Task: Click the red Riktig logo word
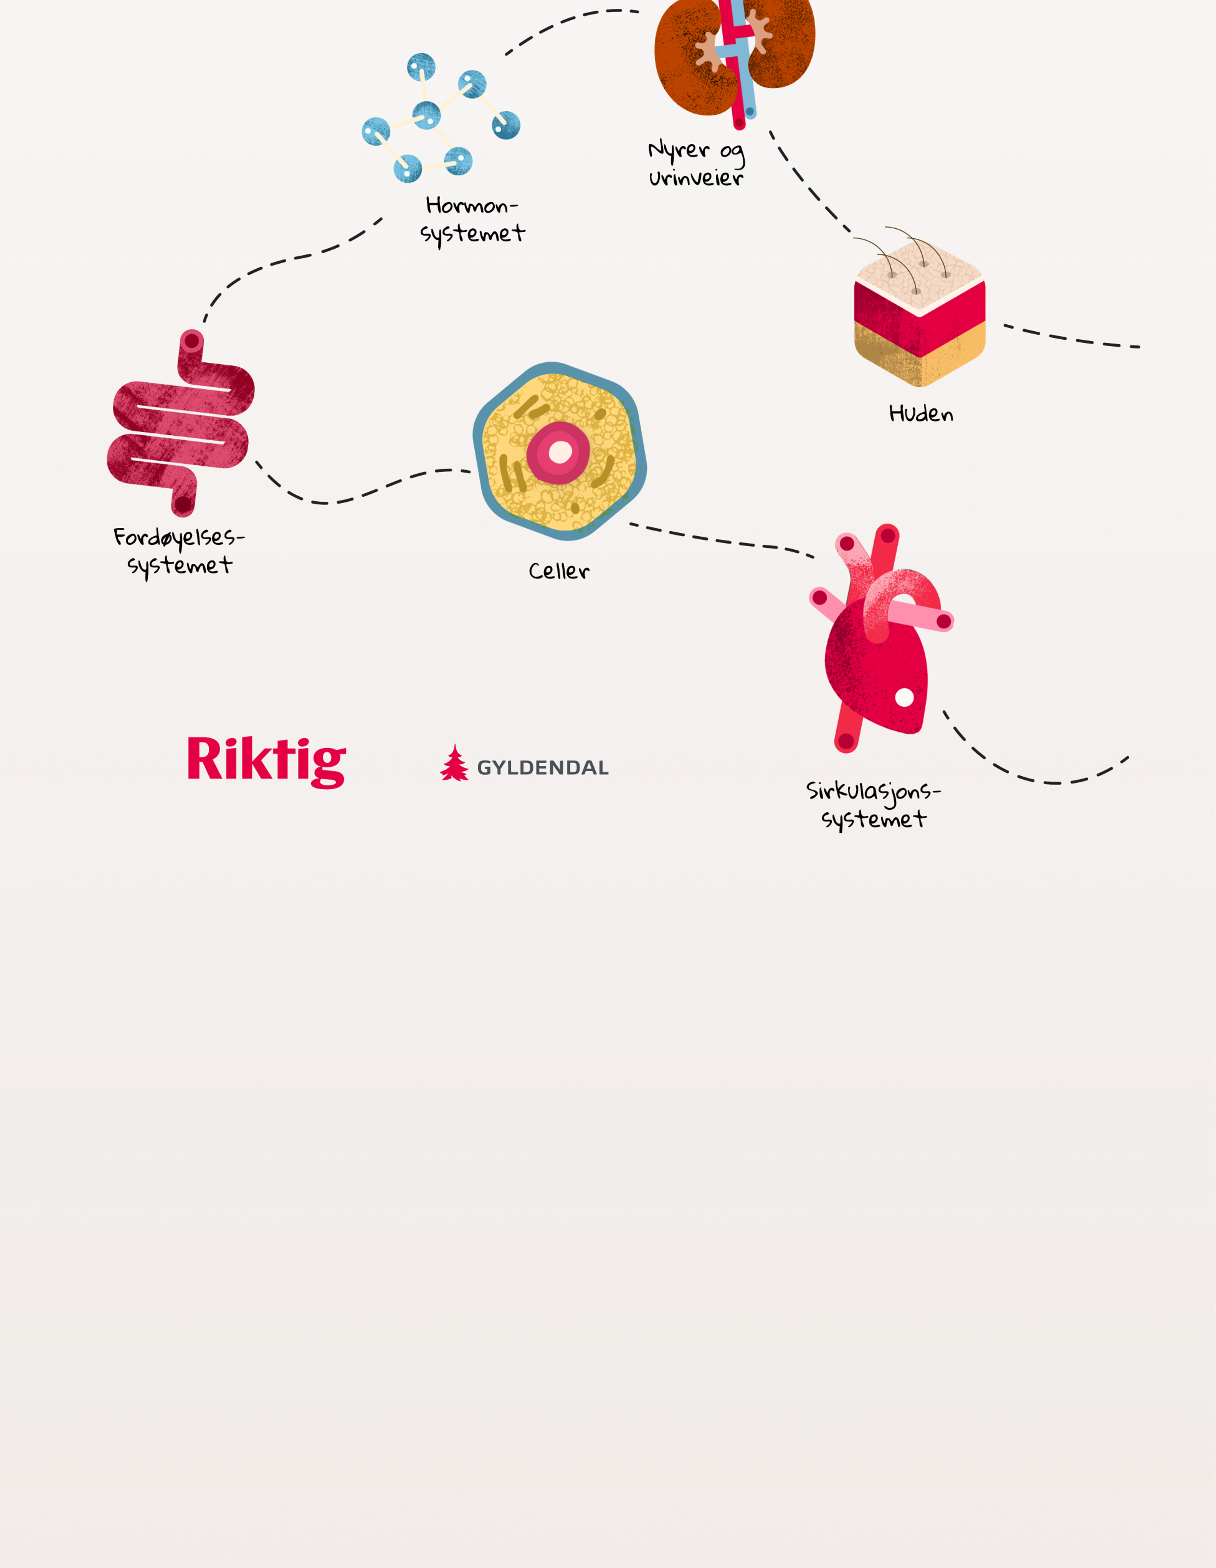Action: point(266,761)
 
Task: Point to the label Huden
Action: point(921,413)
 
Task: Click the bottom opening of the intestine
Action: point(184,505)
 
